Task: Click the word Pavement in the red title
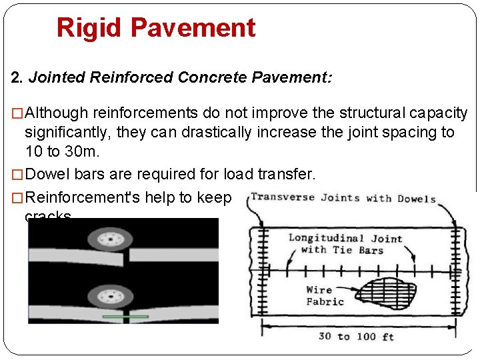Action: [193, 28]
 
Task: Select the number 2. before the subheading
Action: [18, 77]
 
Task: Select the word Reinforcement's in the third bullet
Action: [89, 197]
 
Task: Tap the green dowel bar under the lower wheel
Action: [126, 316]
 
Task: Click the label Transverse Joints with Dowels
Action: [343, 198]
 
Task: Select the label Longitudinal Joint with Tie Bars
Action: [345, 244]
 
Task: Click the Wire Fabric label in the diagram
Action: [325, 295]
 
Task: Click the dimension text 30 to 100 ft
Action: [356, 336]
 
